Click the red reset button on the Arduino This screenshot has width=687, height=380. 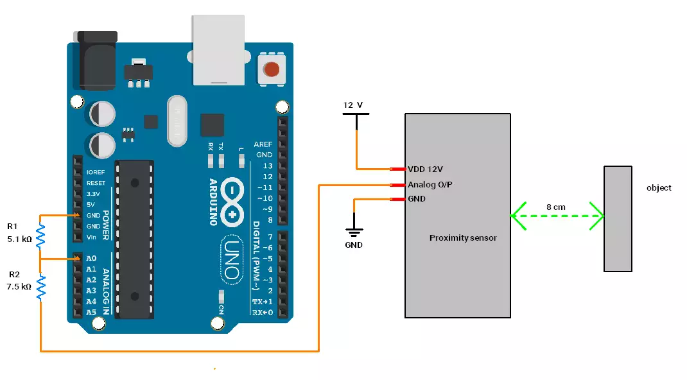pos(272,69)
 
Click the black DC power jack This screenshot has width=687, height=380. pos(98,61)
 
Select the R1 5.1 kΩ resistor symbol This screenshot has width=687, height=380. pos(40,236)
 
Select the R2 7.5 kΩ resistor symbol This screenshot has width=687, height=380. pos(40,287)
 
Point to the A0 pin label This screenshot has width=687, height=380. pos(91,258)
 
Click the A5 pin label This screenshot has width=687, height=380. pos(91,313)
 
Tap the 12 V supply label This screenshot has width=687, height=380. pos(352,105)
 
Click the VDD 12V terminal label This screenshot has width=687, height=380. pos(425,169)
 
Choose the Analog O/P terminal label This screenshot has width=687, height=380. pos(429,185)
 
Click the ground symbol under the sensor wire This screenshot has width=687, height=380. pos(354,233)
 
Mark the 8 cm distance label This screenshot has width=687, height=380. pos(556,207)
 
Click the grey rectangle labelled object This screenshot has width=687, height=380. pos(618,218)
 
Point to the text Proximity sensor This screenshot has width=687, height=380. pos(462,238)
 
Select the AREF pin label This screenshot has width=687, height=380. pos(263,144)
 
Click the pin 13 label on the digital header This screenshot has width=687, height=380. pos(268,166)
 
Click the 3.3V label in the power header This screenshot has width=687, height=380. pos(93,193)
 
